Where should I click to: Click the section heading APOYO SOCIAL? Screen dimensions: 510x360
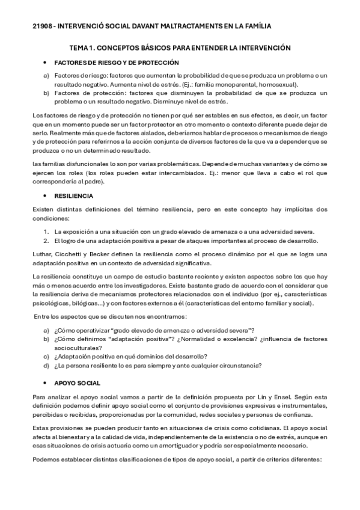(x=78, y=383)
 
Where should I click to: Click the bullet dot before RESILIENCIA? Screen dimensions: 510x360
(x=46, y=196)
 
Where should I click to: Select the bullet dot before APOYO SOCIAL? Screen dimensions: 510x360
(x=46, y=383)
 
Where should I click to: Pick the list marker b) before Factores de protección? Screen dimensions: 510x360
(x=46, y=93)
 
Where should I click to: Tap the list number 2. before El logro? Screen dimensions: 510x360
(x=46, y=240)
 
